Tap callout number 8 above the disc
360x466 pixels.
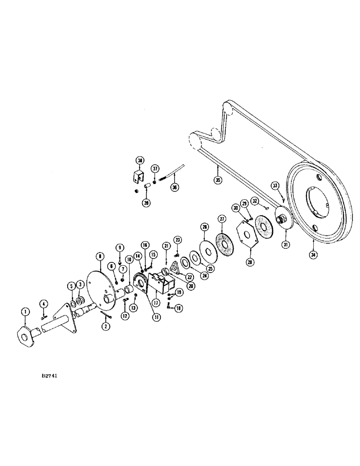pyautogui.click(x=99, y=256)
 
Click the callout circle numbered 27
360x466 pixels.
pyautogui.click(x=221, y=219)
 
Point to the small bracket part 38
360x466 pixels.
pyautogui.click(x=137, y=178)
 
